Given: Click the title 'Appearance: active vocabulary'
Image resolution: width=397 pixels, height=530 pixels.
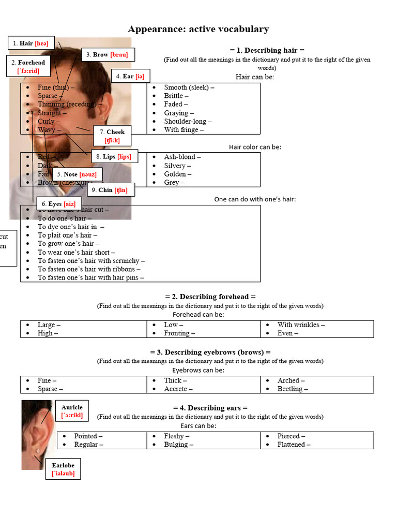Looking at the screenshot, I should click(198, 29).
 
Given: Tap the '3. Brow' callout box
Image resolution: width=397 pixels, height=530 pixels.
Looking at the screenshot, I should click(107, 54).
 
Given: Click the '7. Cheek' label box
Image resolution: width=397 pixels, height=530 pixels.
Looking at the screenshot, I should click(113, 136).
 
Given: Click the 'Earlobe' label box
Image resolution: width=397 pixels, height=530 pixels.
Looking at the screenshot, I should click(63, 469).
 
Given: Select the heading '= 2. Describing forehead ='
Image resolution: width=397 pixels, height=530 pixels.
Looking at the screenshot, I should click(210, 297).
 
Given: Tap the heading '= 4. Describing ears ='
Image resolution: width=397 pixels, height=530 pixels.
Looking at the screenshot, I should click(210, 408).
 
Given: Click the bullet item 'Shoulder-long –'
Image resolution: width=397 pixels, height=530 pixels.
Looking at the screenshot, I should click(188, 121).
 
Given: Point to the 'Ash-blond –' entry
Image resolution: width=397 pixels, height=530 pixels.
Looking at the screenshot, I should click(182, 157).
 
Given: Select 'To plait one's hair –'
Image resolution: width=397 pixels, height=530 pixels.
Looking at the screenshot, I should click(67, 235).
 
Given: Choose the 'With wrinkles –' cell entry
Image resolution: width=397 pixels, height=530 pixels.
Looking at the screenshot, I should click(301, 325).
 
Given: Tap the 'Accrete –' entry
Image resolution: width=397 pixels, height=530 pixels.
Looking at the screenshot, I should click(178, 389).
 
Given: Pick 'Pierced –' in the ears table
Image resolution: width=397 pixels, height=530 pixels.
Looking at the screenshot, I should click(291, 436).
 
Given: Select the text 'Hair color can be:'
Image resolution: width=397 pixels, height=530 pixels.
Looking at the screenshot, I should click(255, 147).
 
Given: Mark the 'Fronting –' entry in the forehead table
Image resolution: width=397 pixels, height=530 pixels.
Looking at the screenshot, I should click(179, 333).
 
